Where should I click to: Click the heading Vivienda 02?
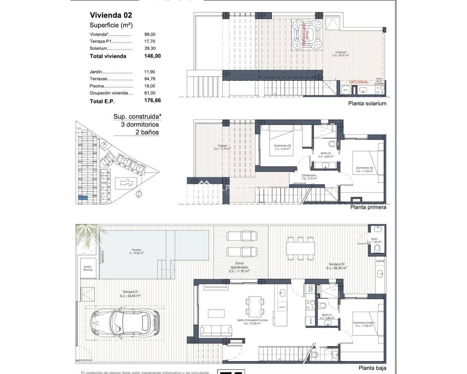[x=111, y=15]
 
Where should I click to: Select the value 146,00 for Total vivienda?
[x=153, y=56]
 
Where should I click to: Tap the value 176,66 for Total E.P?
[x=153, y=100]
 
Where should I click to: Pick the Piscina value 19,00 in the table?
[x=150, y=86]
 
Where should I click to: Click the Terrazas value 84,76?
[x=150, y=79]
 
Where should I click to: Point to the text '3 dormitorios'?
[x=140, y=125]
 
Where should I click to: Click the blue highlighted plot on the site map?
[x=83, y=198]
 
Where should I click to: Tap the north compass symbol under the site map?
[x=138, y=195]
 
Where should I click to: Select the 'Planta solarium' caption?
[x=367, y=103]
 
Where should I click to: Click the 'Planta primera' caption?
[x=368, y=207]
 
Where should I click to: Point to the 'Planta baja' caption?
[x=372, y=368]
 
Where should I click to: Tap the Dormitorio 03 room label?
[x=282, y=146]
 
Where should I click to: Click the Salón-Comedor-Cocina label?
[x=252, y=320]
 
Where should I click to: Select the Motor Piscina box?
[x=88, y=268]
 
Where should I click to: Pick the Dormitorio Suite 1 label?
[x=364, y=323]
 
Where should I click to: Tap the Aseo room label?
[x=374, y=239]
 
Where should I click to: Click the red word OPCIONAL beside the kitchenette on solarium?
[x=359, y=82]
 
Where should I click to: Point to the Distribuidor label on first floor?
[x=309, y=176]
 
